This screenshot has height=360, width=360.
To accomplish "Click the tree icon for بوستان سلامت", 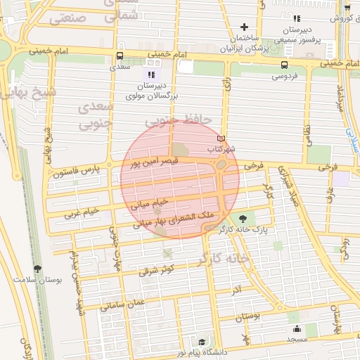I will click(37, 268).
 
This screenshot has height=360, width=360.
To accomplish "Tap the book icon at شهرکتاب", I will click(222, 139).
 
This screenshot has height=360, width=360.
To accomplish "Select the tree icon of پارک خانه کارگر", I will click(243, 218).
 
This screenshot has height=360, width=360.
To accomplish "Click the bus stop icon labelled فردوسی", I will click(283, 63).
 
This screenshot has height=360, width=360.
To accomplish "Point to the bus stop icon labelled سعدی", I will click(119, 57).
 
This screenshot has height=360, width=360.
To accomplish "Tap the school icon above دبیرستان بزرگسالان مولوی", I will click(150, 74).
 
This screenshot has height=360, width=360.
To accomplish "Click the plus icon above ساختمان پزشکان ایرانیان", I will click(243, 26).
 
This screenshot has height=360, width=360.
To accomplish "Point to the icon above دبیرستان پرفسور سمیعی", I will click(297, 18).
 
